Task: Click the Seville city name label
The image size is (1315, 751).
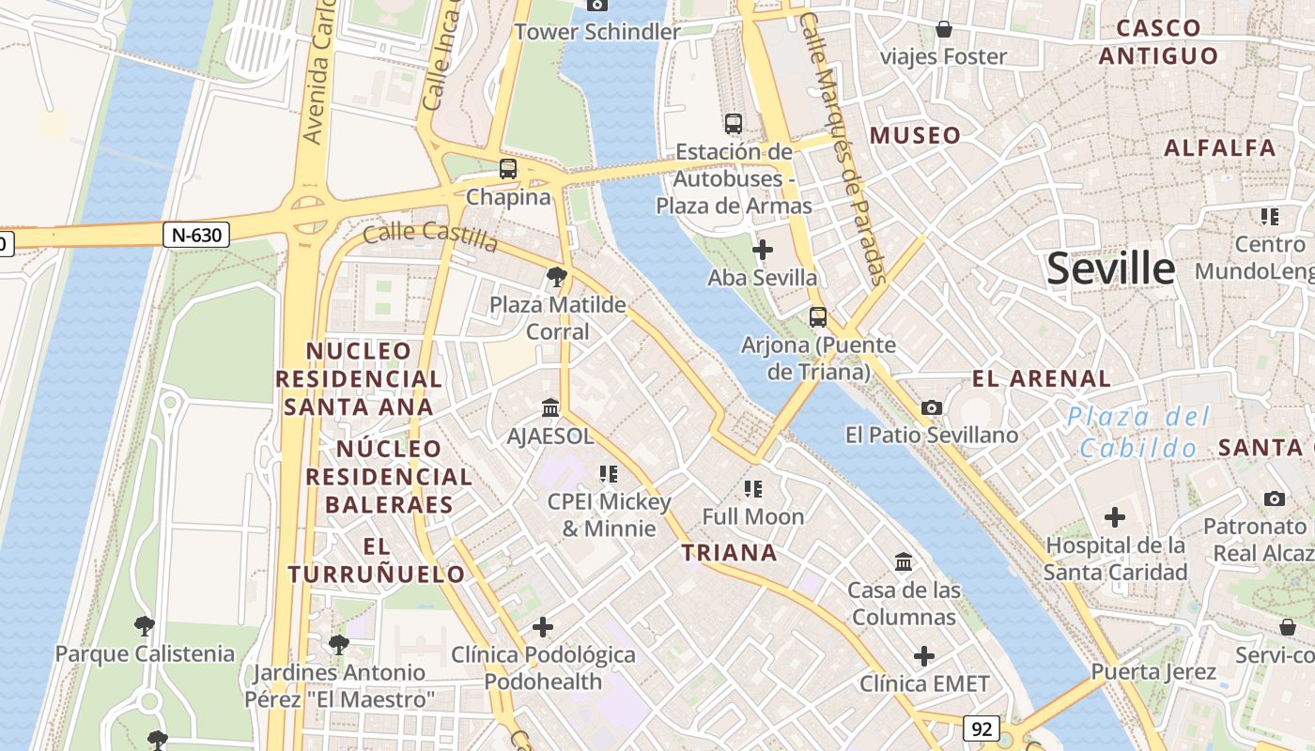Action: (1110, 268)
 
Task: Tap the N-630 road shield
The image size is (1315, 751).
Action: (196, 235)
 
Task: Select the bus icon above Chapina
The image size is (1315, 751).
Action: (508, 169)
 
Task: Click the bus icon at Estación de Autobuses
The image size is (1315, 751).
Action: (734, 123)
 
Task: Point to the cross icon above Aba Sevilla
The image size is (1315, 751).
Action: (763, 250)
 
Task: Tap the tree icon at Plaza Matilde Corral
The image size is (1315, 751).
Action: (556, 276)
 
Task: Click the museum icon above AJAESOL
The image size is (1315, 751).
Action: (550, 408)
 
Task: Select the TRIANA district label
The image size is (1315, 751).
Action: (730, 553)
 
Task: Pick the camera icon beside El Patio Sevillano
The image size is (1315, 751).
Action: (932, 407)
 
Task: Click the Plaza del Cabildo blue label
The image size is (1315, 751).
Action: (1138, 432)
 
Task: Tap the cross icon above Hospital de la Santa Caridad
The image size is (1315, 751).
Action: (1115, 517)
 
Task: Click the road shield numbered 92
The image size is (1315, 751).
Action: (981, 728)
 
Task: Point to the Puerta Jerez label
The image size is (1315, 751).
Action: (1153, 672)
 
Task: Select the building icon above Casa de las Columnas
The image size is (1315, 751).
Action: (904, 561)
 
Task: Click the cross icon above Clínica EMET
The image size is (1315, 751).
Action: (924, 655)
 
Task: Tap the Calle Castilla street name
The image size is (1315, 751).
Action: (430, 236)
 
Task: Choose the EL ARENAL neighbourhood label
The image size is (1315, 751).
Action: (1041, 379)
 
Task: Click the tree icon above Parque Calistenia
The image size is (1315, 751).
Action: (144, 625)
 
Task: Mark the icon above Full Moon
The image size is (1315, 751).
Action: (752, 488)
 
